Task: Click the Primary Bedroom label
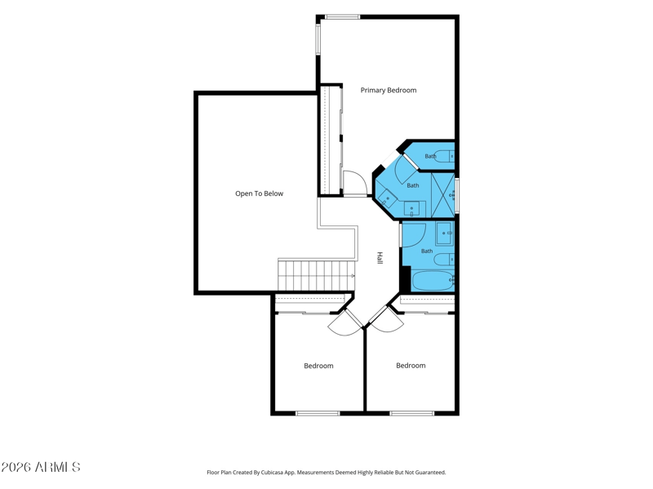389,91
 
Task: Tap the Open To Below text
259,193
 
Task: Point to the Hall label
380,258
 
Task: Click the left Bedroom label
318,366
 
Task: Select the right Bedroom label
411,365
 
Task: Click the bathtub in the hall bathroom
433,281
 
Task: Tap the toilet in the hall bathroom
444,260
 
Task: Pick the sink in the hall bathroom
444,233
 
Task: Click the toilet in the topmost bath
444,156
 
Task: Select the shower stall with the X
443,195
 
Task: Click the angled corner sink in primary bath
387,199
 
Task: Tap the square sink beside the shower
412,209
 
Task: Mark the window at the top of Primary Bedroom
342,17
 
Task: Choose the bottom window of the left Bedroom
318,413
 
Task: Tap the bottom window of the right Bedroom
412,413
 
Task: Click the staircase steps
316,275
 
